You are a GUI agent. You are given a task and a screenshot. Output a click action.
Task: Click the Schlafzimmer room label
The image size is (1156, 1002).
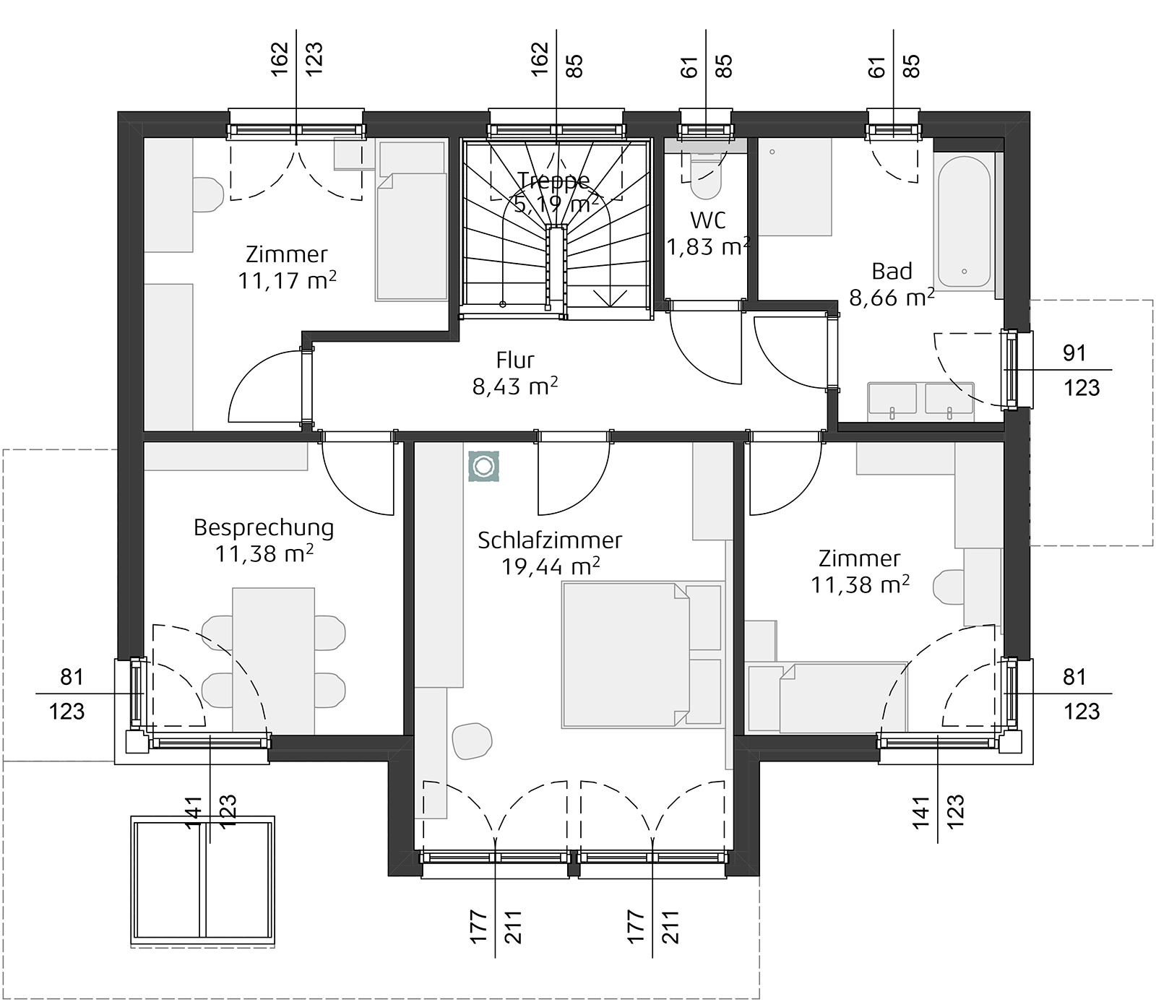point(549,540)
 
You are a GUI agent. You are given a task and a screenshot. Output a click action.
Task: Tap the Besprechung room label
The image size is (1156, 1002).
point(264,527)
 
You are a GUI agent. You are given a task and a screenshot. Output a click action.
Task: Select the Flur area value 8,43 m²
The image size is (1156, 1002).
point(514,386)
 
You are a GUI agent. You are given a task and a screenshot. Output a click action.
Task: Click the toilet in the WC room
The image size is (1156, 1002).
point(705,178)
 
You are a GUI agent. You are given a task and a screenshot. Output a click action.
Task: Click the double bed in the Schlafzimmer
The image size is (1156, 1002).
point(642,655)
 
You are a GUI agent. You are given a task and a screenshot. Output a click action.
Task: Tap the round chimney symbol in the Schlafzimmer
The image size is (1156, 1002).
point(482,467)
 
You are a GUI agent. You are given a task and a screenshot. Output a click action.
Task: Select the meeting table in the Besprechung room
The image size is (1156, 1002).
point(273,659)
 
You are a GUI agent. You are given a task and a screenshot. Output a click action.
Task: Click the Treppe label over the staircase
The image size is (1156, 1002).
point(554,180)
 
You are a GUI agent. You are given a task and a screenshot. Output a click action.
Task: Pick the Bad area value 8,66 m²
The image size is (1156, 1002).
point(892,297)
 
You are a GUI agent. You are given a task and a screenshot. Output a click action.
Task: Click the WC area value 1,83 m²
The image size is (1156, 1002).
point(707,247)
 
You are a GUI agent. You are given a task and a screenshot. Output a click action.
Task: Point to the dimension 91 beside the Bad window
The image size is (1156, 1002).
point(1074,353)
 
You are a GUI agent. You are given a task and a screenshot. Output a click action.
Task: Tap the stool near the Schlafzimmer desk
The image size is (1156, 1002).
point(472,741)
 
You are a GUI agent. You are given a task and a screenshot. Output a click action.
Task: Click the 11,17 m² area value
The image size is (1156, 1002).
point(286,280)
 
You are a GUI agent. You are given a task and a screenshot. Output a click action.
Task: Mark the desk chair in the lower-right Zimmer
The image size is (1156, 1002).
point(948,587)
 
